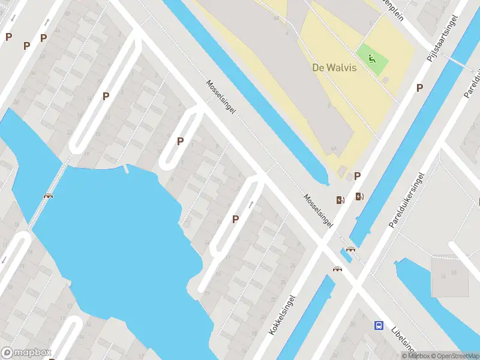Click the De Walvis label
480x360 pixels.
[334, 67]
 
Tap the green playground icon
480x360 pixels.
[372, 59]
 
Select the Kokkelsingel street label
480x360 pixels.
[283, 314]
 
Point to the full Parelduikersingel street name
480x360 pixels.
[407, 200]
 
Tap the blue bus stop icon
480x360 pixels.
[379, 325]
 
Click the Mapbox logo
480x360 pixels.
[25, 352]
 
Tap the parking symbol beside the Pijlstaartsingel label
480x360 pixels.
[419, 88]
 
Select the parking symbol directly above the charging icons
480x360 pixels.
[358, 176]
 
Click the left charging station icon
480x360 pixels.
[340, 200]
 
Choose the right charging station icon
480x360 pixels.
[359, 196]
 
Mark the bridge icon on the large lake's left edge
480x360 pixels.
[48, 195]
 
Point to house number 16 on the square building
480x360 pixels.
[443, 275]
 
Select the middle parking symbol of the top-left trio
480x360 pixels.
[26, 46]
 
